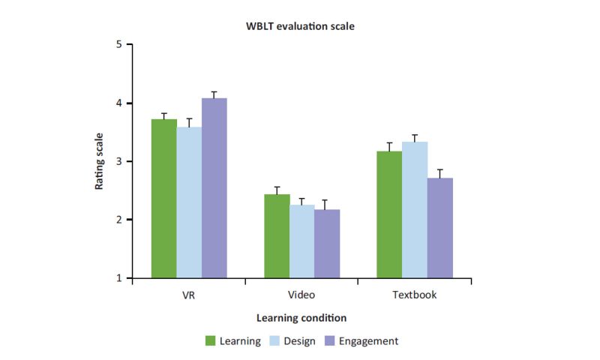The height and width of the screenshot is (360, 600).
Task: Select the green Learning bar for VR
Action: [x=164, y=199]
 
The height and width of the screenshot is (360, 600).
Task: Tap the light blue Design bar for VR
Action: [x=189, y=202]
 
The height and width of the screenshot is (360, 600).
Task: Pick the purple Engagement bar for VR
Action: [x=214, y=187]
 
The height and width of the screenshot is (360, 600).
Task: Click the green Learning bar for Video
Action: [x=277, y=236]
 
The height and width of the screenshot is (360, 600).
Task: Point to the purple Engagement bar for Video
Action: [x=326, y=244]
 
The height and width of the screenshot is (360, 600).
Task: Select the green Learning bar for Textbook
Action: [x=389, y=214]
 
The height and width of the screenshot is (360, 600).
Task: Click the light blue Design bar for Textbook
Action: [x=415, y=210]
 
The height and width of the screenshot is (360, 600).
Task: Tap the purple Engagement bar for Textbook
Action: [x=439, y=228]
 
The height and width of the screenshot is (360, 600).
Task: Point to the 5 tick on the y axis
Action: [x=118, y=44]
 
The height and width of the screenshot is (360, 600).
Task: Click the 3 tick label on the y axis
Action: [x=118, y=161]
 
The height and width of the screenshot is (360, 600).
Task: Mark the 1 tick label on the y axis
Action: [x=118, y=278]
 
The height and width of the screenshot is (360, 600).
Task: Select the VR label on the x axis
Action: [x=189, y=295]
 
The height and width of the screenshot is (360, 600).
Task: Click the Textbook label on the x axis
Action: [x=414, y=295]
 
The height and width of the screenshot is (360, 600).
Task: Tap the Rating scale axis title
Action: [x=99, y=161]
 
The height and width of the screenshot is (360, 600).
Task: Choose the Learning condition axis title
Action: [x=300, y=317]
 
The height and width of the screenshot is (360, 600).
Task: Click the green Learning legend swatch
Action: [x=211, y=341]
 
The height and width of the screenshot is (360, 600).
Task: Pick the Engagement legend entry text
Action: [x=367, y=341]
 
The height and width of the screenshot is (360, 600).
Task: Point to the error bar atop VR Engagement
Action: [x=214, y=94]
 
